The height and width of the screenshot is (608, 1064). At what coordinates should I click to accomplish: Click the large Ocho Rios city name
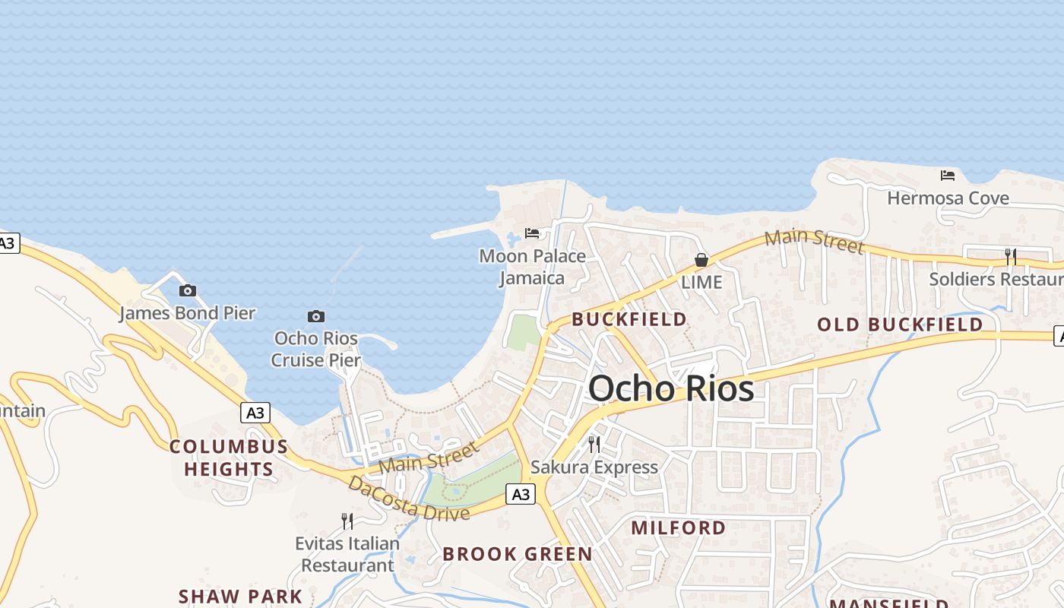point(671,389)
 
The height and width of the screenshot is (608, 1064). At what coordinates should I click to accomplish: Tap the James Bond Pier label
point(187,312)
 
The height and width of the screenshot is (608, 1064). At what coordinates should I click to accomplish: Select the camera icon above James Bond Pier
point(188,290)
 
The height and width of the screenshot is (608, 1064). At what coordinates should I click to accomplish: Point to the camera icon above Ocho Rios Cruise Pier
point(316,316)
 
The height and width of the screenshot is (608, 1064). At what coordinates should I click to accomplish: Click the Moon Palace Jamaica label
point(532,267)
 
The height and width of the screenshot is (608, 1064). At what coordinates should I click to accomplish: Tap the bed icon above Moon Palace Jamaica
point(532,233)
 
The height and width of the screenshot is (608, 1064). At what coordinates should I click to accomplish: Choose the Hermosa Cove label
point(948,198)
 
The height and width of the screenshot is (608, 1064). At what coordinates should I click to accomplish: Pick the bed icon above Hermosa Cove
point(948,176)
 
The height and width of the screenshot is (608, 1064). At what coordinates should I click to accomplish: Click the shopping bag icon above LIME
point(701,260)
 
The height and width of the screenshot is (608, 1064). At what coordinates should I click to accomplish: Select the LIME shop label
point(701,282)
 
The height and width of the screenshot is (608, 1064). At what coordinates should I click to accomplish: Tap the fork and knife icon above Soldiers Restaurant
point(1011,257)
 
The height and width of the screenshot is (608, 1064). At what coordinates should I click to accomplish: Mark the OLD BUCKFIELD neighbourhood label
point(900,325)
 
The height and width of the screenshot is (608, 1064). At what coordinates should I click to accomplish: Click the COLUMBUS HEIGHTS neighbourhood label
point(229,458)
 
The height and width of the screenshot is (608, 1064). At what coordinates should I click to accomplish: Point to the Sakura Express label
point(594,467)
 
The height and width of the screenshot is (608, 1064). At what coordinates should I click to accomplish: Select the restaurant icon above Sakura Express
point(594,444)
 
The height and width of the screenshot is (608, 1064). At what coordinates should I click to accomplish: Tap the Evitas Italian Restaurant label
point(347,554)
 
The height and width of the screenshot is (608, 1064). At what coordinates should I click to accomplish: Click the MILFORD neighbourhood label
point(679,527)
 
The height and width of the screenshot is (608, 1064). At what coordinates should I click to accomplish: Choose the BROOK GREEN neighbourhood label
point(518,554)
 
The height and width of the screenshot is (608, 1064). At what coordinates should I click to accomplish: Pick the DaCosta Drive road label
point(408,499)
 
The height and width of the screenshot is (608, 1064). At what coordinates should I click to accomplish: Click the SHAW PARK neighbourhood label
point(240,597)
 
